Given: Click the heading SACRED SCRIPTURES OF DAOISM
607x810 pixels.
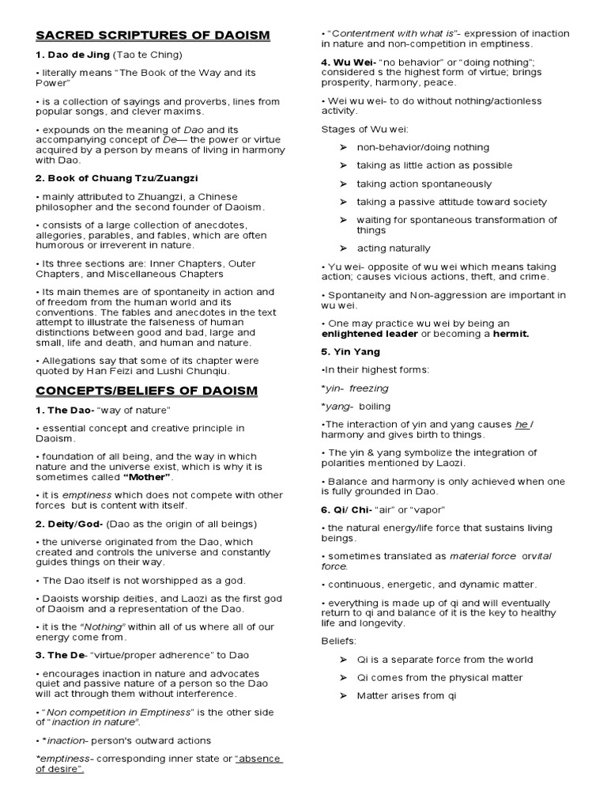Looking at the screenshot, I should [x=153, y=36].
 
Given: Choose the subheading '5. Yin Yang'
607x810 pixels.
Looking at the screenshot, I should [x=350, y=351].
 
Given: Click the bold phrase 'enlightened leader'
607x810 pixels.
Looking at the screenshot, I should [x=368, y=334].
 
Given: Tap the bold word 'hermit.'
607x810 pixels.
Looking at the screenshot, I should [x=511, y=334].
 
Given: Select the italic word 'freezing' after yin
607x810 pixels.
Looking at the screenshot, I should [x=369, y=388].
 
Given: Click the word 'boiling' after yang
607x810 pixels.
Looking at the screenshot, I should [x=375, y=406].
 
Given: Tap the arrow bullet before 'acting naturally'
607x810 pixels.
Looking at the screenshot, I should [x=343, y=248].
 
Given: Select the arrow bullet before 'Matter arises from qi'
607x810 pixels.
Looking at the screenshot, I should [x=343, y=695].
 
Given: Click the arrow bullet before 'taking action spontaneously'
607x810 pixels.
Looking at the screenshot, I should [x=343, y=184].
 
